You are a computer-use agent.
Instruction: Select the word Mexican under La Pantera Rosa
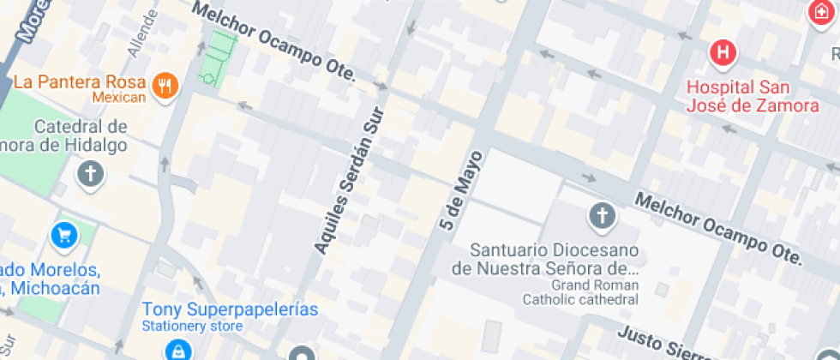119,98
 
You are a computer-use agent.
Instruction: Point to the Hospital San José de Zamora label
753,97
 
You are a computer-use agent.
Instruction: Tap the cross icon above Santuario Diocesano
602,214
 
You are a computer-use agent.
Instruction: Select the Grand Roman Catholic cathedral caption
580,292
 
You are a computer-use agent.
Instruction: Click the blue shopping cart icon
63,234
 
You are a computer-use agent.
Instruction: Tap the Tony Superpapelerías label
230,309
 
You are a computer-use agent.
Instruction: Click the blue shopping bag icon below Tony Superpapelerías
177,350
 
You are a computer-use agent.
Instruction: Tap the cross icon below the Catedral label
90,174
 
